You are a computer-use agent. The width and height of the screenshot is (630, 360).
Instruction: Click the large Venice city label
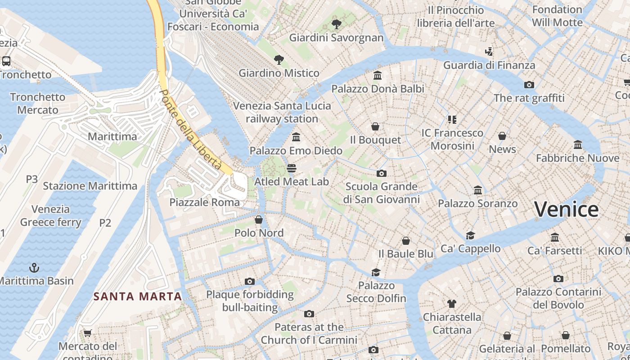[566, 210]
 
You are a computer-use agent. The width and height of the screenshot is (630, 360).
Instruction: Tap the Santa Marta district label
[138, 297]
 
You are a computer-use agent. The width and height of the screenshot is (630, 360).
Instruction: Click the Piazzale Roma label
[205, 202]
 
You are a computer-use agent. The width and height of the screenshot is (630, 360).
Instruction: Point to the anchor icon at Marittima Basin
[34, 268]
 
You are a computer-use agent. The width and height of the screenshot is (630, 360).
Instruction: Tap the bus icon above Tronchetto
[6, 61]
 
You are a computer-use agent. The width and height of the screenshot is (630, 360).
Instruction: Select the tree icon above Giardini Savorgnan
[336, 24]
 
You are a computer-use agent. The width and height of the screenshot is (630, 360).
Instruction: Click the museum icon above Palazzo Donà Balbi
[378, 76]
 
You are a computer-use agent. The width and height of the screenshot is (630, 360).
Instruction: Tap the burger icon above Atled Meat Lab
[292, 169]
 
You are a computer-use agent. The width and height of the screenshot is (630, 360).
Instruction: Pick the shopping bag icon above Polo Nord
[259, 220]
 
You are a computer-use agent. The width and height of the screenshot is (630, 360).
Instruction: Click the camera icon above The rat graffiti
[529, 85]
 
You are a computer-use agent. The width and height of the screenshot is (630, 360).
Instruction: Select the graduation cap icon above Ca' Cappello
[470, 235]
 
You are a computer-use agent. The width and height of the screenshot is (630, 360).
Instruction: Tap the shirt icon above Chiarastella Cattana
[452, 304]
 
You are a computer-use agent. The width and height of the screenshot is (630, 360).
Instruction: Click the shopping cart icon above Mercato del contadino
[87, 333]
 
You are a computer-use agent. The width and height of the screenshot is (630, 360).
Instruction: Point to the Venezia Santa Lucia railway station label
[282, 112]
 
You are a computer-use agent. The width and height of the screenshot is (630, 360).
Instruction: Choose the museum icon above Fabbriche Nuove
[578, 145]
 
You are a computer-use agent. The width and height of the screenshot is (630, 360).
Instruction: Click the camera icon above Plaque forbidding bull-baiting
[250, 282]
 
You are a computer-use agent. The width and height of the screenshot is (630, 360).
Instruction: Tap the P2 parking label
[105, 223]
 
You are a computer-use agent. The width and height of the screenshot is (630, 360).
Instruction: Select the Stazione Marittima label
[90, 186]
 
